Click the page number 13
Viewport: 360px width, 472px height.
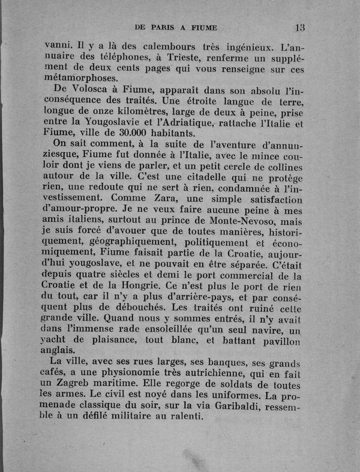coord(301,27)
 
